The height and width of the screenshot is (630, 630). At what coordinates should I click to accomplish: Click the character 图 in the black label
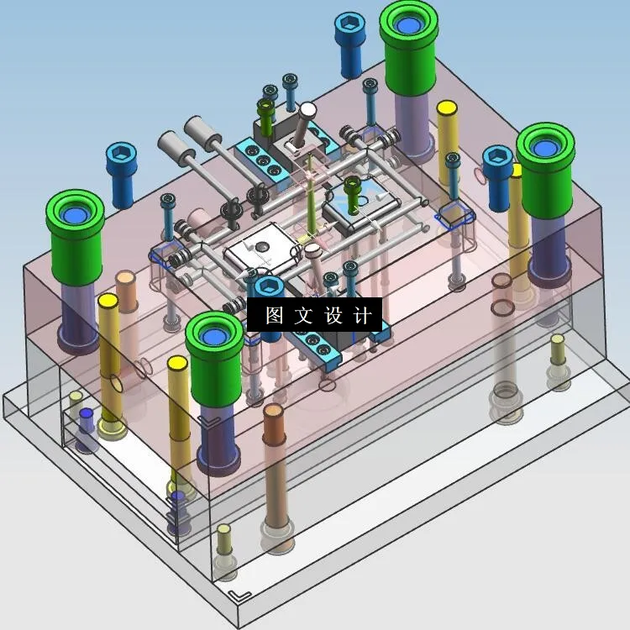tap(275, 315)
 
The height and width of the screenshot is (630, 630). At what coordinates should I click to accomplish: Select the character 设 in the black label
tap(333, 315)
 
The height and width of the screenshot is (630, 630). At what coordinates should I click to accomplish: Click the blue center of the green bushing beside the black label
tap(213, 336)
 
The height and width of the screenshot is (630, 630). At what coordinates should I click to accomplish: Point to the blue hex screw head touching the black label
tap(269, 286)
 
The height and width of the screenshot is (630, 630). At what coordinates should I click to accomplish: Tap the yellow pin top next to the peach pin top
tap(108, 301)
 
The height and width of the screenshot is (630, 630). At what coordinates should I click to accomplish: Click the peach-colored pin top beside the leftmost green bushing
tap(126, 277)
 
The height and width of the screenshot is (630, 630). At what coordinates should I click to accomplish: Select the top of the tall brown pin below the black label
tap(273, 411)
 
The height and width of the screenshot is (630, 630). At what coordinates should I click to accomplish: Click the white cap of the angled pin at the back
tap(307, 109)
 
